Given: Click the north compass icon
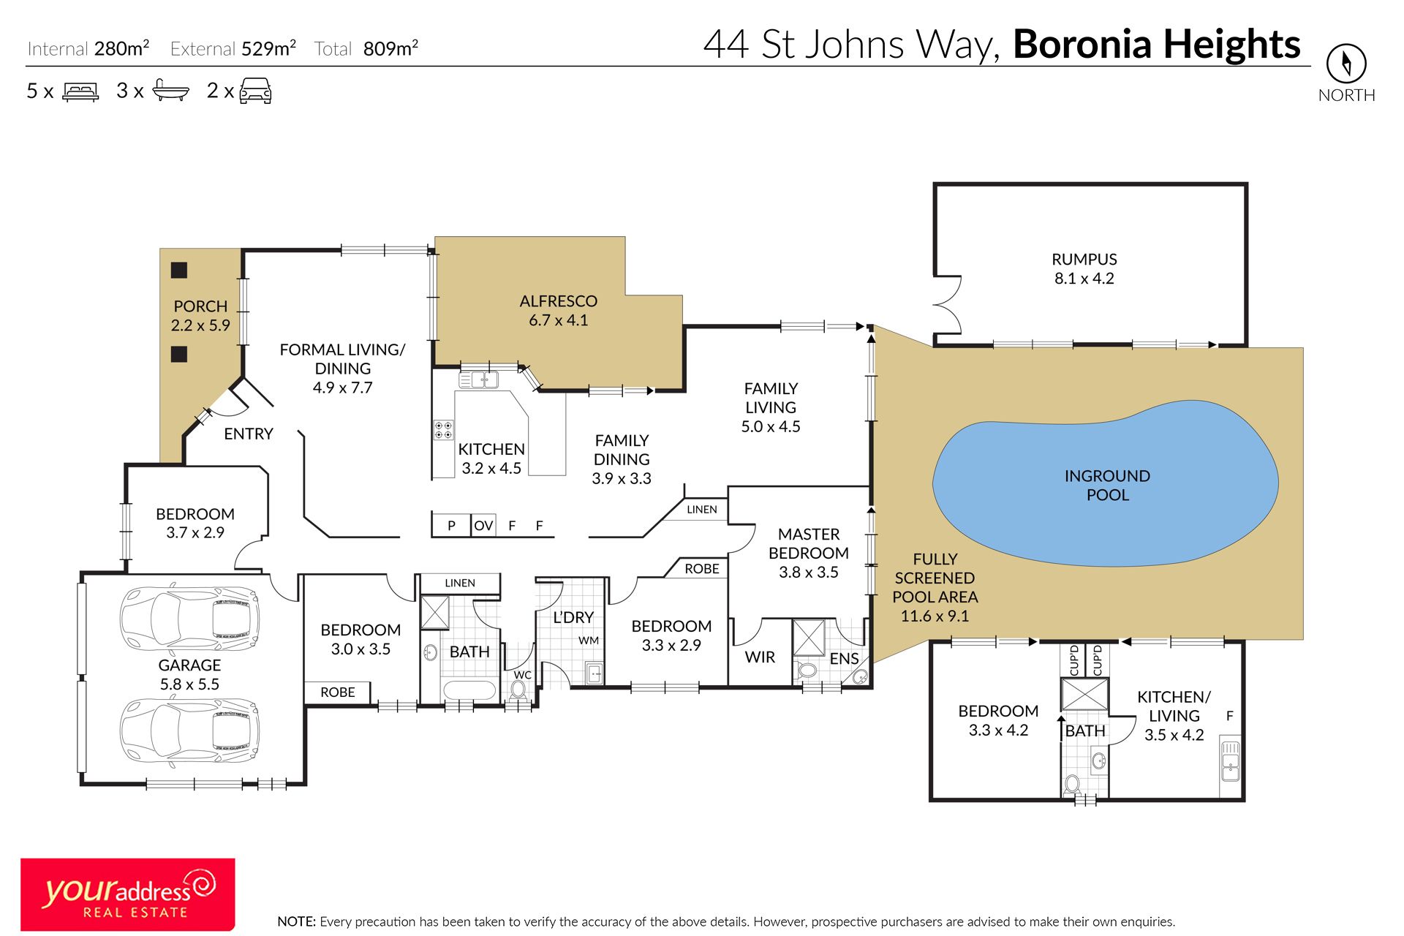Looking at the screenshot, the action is coord(1346,64).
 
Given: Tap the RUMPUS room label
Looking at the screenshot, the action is coord(1084,260).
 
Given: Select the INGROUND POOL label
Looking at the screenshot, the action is coord(1107,486).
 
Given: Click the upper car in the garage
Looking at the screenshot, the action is coord(189,618).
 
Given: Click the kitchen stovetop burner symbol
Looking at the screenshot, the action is coord(443,430).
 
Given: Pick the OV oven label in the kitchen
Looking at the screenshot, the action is coord(483,526).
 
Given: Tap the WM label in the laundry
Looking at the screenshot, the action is coord(589,641).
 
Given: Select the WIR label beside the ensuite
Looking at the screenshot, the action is coord(760,657).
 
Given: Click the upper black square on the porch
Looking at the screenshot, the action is coord(179,270).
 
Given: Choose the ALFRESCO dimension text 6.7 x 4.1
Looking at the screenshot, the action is coord(558,320).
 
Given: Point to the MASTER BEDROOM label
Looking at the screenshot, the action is coord(809,544).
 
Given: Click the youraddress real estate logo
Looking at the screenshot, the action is coord(128,894).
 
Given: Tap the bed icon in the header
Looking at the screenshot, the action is coord(80,91).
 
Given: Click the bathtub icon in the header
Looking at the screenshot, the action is coord(171,91).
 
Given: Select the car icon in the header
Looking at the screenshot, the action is coord(256,91).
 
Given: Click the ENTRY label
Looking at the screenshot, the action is coord(249,434).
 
